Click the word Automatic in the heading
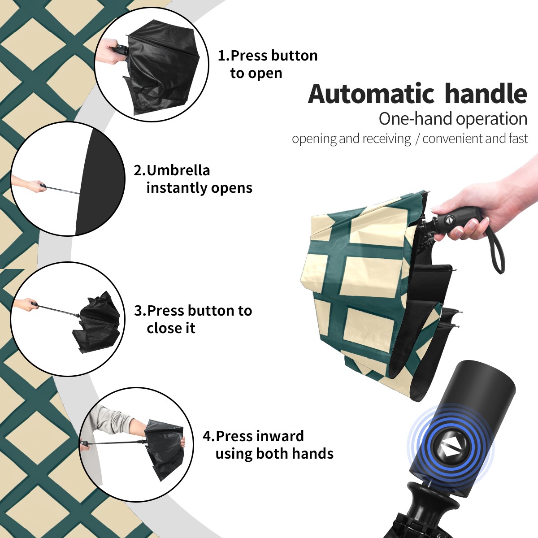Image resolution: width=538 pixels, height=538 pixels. pyautogui.click(x=371, y=94)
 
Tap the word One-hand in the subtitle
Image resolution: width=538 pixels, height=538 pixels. pyautogui.click(x=416, y=119)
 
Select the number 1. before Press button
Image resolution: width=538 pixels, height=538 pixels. pyautogui.click(x=224, y=56)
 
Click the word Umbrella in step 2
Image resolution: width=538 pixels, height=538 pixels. pyautogui.click(x=178, y=170)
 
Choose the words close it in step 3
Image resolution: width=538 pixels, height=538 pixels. pyautogui.click(x=171, y=328)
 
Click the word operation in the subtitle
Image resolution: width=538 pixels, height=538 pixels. pyautogui.click(x=492, y=119)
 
